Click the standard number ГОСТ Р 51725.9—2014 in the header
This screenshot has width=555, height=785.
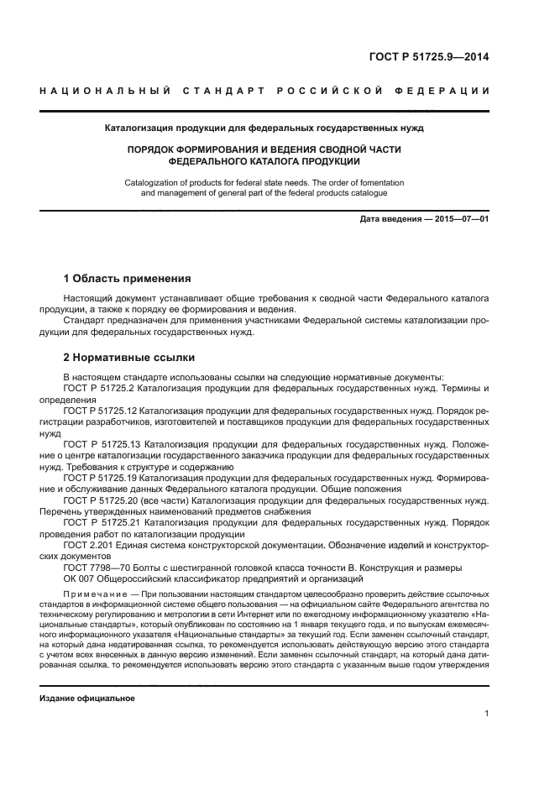pos(429,57)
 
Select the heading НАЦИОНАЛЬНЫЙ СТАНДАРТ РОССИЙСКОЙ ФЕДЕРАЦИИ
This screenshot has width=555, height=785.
pos(264,91)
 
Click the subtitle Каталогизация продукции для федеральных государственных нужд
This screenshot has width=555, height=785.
pos(264,128)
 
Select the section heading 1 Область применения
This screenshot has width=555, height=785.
pos(128,279)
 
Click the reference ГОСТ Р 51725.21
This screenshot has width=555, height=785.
pos(102,522)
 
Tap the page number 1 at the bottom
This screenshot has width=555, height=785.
pos(486,714)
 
